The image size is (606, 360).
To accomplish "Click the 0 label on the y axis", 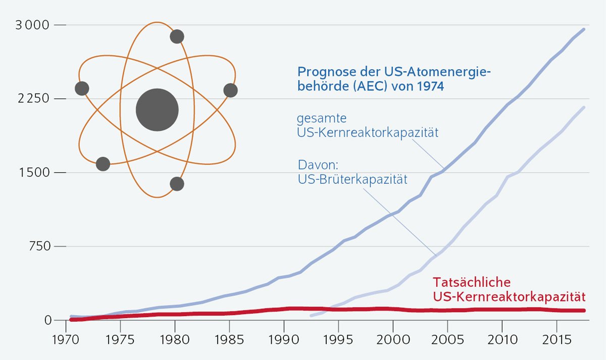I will pos(47,320).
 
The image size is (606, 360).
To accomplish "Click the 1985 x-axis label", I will pos(229,337).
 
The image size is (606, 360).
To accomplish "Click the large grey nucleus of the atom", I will pos(157,110).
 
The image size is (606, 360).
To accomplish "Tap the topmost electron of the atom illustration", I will pos(177,36).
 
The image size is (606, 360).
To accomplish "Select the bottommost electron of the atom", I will pos(177,184).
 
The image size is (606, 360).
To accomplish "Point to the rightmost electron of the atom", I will pos(230,90).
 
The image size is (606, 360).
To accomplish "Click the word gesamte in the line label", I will pos(321,120).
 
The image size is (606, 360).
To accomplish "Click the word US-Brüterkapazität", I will pos(352,179).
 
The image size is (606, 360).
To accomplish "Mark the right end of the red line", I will pos(584,310).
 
